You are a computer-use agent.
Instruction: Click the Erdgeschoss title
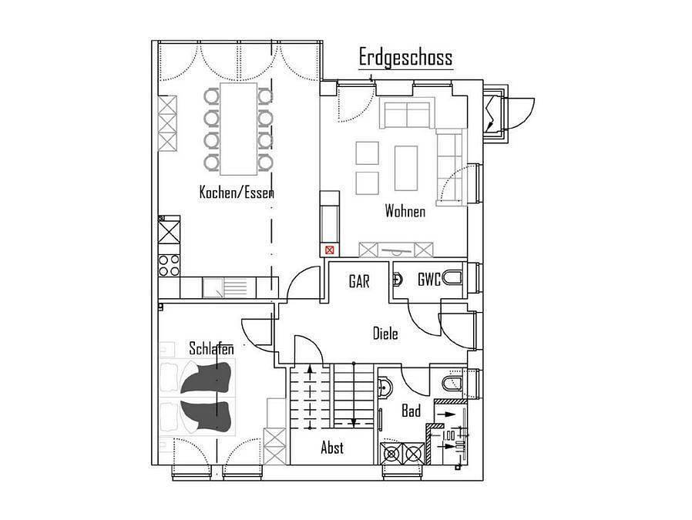pos(405,58)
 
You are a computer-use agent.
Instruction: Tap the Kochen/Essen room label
pos(237,193)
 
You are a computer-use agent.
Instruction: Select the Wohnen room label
pos(405,211)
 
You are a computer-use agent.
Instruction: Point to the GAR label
pos(359,281)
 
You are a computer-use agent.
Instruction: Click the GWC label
pos(429,279)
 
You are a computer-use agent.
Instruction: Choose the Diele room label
pos(385,333)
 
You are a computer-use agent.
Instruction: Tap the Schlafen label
pos(211,348)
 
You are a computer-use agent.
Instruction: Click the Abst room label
pos(332,448)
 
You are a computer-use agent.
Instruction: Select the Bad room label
pos(411,411)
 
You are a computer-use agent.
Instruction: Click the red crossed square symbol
pos(330,250)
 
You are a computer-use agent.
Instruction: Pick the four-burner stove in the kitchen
pos(169,265)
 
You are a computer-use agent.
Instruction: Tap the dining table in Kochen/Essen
pos(238,129)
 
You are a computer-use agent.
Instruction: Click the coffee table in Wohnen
pos(405,168)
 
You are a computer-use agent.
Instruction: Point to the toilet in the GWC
pos(452,278)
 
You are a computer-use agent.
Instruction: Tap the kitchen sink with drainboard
pos(225,287)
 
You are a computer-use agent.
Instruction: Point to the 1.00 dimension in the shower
pos(448,435)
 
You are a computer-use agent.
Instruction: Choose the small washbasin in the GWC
pos(397,279)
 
